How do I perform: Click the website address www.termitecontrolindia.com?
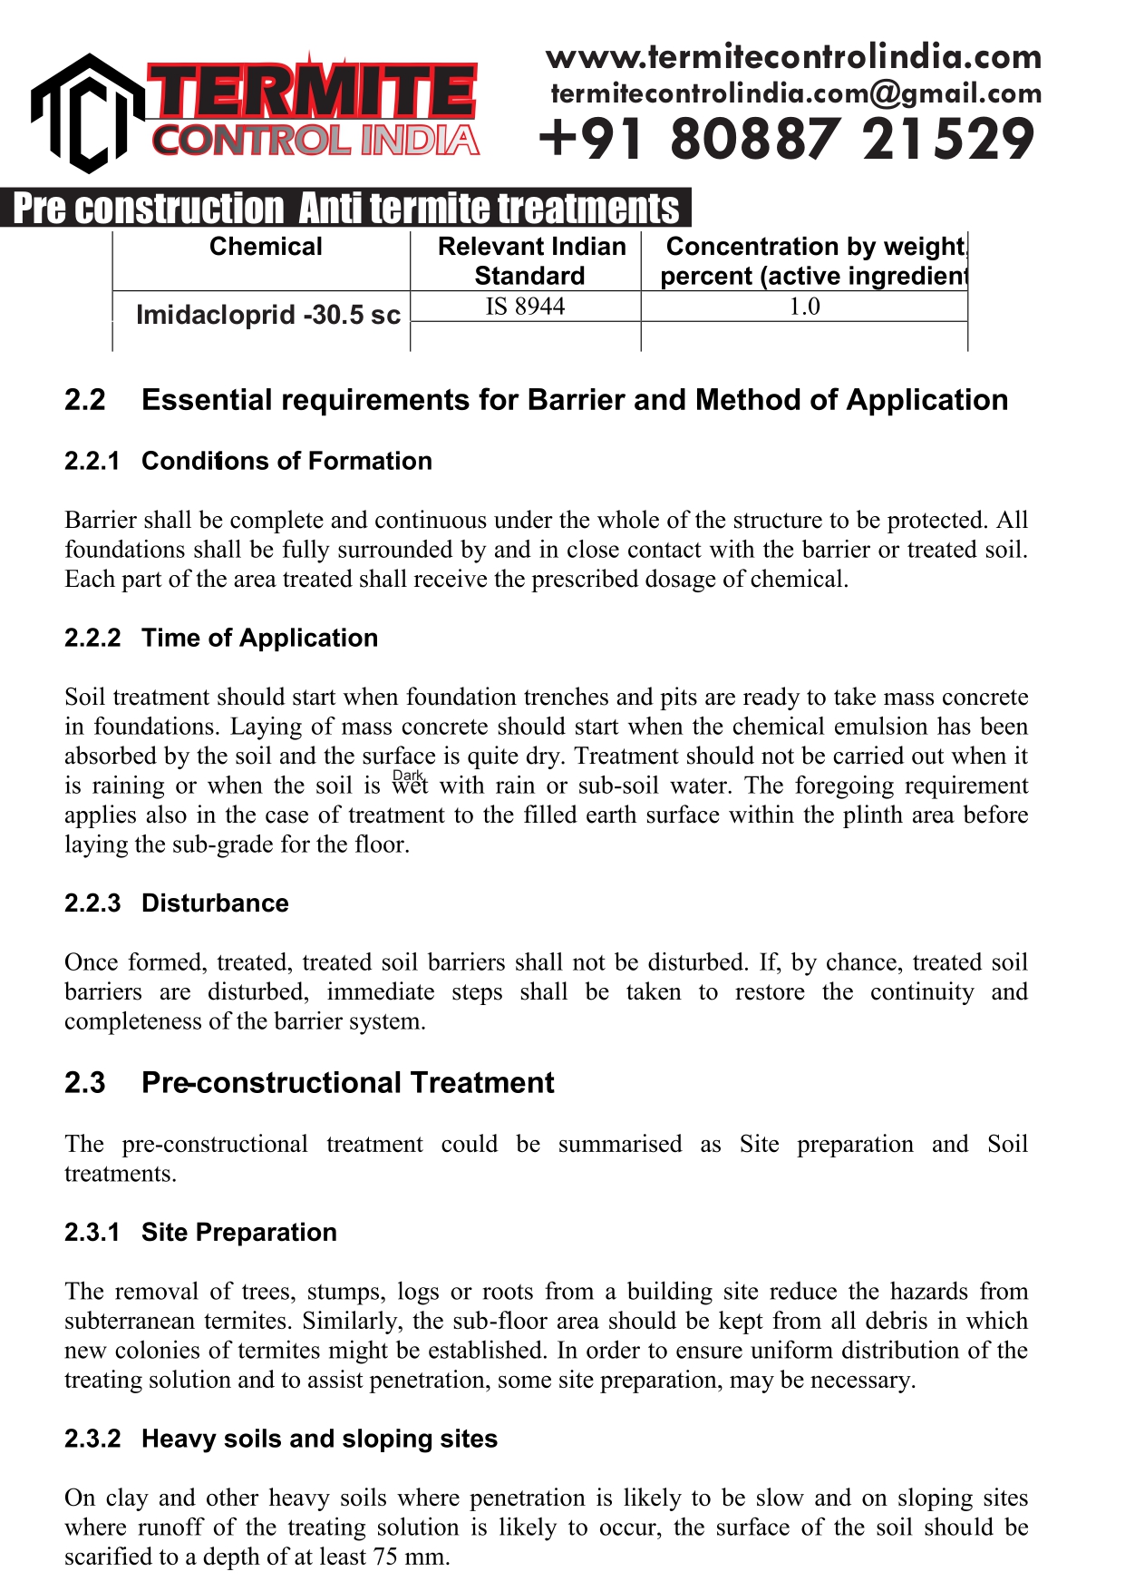click(x=793, y=57)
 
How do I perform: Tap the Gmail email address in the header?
click(x=796, y=93)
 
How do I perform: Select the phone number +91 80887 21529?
click(x=786, y=140)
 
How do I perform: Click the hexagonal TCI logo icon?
click(x=87, y=113)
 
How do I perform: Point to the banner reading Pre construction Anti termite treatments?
click(x=345, y=209)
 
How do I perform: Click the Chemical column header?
click(x=266, y=247)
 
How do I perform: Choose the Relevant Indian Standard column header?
click(x=531, y=260)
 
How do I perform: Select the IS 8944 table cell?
click(x=525, y=307)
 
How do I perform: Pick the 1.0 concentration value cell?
click(x=804, y=307)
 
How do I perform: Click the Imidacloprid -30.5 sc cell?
click(x=267, y=315)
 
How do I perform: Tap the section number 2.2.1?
click(x=92, y=461)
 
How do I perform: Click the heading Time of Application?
click(x=259, y=638)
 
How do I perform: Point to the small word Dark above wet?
click(x=408, y=776)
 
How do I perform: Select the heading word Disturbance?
click(x=215, y=903)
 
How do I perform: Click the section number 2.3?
click(x=84, y=1083)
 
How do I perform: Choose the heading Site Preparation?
click(x=239, y=1233)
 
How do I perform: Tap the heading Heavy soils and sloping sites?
click(x=319, y=1440)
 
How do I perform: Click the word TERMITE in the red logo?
click(x=313, y=92)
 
